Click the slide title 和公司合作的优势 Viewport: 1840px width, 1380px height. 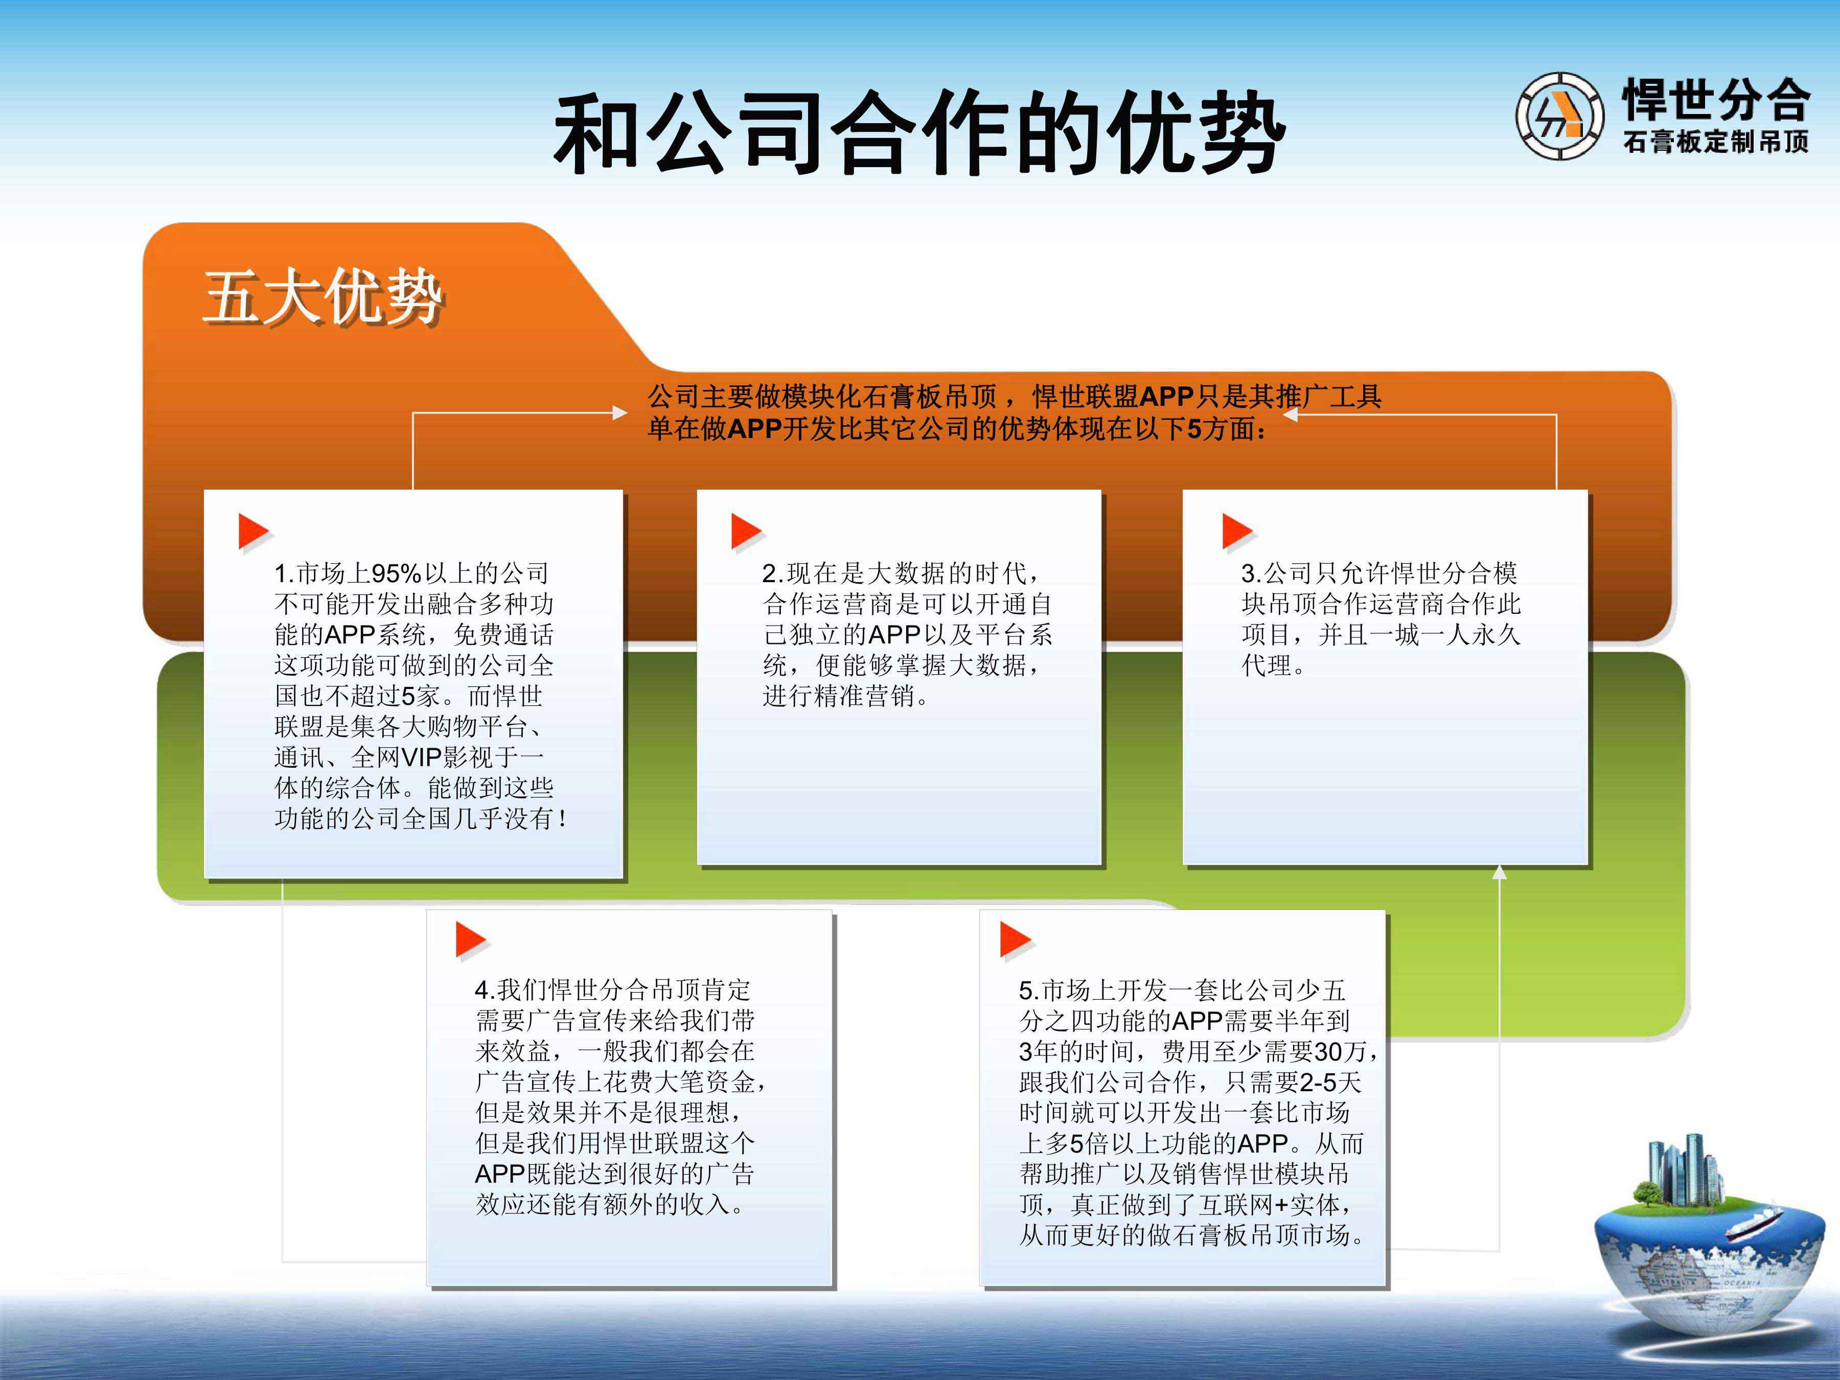tap(920, 133)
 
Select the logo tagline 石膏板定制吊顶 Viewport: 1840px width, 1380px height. tap(1715, 142)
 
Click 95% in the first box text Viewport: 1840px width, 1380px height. tap(396, 573)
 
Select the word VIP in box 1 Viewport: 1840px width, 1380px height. tap(422, 757)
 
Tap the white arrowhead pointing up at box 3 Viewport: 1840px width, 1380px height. tap(1499, 872)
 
